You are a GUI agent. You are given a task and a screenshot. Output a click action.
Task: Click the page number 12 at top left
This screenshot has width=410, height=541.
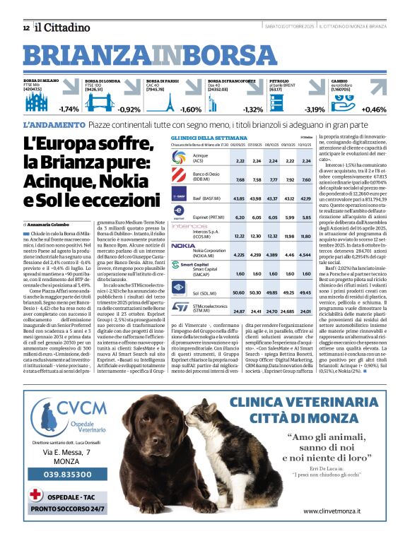click(x=25, y=28)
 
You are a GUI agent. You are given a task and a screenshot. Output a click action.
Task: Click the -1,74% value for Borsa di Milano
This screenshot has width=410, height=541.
click(x=69, y=109)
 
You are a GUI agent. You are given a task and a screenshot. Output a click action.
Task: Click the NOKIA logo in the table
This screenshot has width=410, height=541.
click(x=182, y=246)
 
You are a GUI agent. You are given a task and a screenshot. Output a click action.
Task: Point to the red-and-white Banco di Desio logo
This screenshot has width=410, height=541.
click(x=180, y=178)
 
